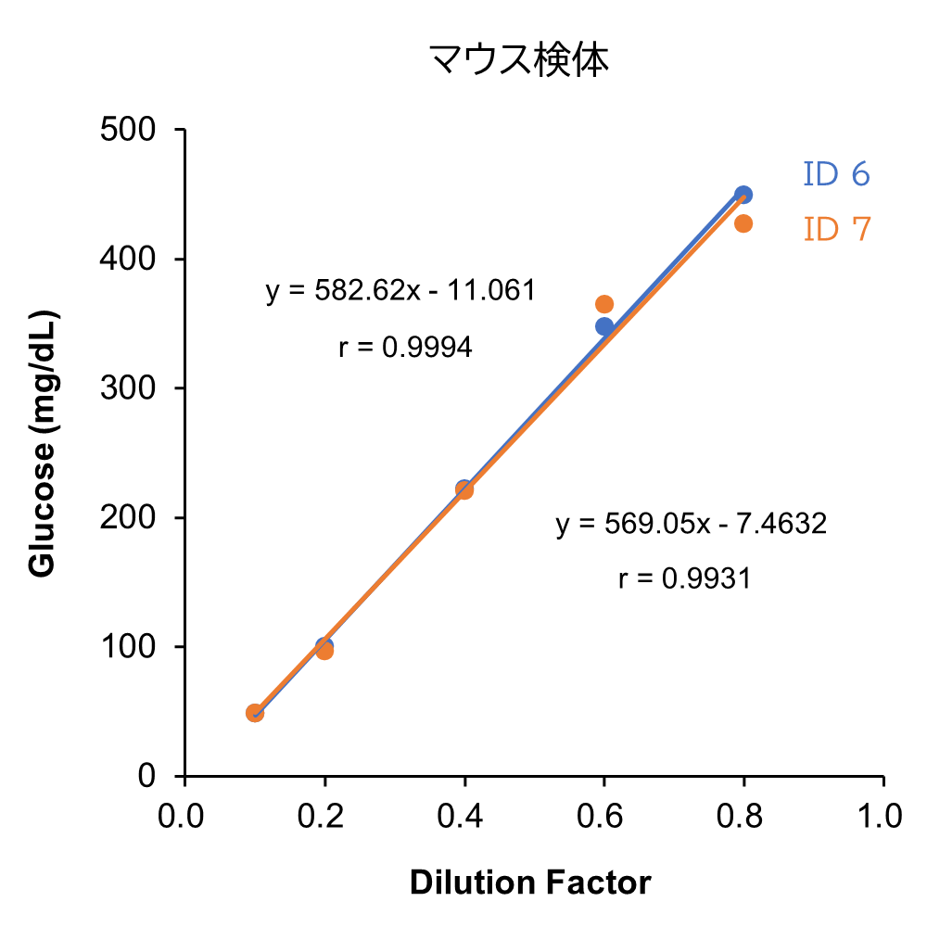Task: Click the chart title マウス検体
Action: tap(518, 61)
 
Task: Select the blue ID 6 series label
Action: tap(836, 174)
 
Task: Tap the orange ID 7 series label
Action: tap(836, 229)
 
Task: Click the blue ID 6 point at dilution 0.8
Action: tap(743, 195)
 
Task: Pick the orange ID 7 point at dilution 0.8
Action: tap(743, 223)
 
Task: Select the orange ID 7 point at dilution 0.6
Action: tap(604, 304)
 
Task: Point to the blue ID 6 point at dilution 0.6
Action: tap(604, 326)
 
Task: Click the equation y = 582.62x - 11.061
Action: tap(400, 291)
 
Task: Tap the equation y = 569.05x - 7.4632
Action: tap(691, 525)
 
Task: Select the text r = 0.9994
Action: tap(405, 348)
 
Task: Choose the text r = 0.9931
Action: tap(684, 579)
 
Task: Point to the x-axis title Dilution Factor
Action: tap(530, 883)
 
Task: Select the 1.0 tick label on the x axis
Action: tap(881, 816)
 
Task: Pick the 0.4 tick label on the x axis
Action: tap(463, 816)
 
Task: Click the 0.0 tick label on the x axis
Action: tap(184, 816)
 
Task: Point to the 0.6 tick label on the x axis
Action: tap(603, 816)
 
